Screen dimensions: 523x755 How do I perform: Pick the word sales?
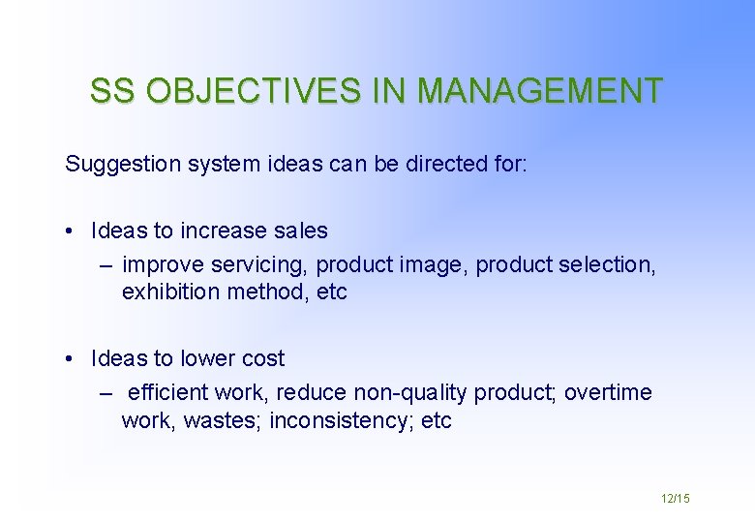pyautogui.click(x=301, y=231)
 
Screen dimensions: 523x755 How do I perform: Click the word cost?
pyautogui.click(x=262, y=358)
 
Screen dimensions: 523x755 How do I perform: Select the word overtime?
pyautogui.click(x=608, y=393)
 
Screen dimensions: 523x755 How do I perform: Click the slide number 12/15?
pyautogui.click(x=675, y=498)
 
